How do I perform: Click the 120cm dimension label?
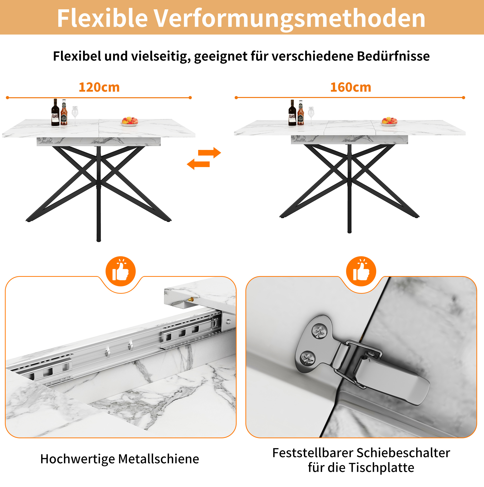coord(99,87)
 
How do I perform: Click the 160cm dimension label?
coord(351,87)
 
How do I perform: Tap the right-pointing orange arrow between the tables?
coord(209,153)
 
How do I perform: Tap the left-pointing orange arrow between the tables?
coord(198,164)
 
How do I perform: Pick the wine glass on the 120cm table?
coord(75,116)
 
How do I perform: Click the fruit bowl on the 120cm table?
coord(130,122)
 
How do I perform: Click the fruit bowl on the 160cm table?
coord(389,122)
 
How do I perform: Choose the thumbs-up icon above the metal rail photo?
coord(121,271)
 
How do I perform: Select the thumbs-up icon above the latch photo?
coord(361,271)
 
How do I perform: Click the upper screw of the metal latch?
coord(319,331)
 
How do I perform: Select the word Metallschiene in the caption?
coord(158,459)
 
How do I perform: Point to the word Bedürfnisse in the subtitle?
coord(394,56)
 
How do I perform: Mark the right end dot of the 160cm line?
coord(464,97)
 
